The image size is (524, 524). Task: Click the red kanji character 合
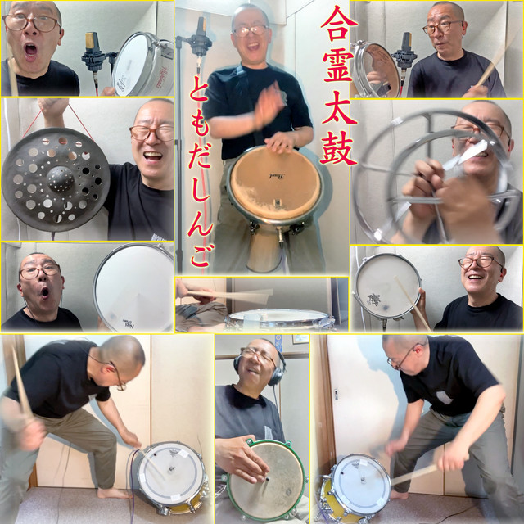339,24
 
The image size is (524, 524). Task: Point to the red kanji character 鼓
338,148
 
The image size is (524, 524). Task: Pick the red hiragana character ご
201,253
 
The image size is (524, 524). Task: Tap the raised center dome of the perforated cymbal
61,178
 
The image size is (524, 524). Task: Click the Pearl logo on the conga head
277,176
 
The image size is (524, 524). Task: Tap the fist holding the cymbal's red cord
53,108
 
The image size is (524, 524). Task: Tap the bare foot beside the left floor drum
113,493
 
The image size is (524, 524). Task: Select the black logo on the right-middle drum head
373,298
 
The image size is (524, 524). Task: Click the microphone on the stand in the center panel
200,38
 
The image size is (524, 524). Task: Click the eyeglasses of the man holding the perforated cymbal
152,133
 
